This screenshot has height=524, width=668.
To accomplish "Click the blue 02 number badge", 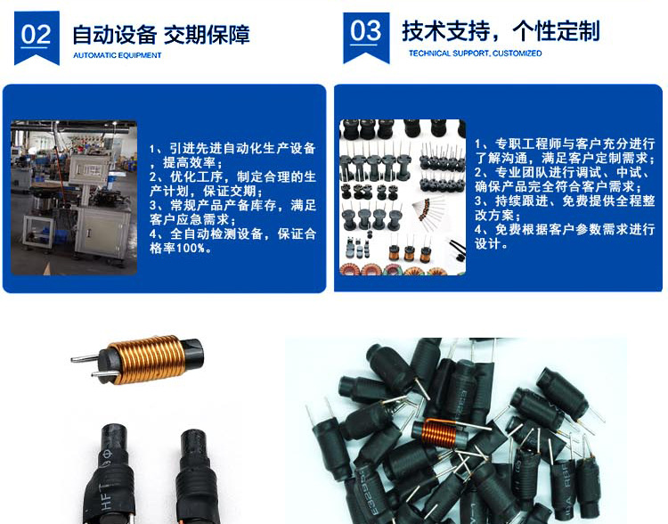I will pyautogui.click(x=37, y=36).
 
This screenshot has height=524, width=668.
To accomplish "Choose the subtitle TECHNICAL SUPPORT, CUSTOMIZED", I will pyautogui.click(x=475, y=53).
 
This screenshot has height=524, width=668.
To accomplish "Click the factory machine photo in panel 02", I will pyautogui.click(x=74, y=197).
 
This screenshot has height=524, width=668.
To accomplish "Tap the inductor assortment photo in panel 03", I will pyautogui.click(x=403, y=196).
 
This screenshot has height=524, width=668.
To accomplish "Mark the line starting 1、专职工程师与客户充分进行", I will pyautogui.click(x=565, y=143).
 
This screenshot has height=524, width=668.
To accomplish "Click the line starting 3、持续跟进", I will pyautogui.click(x=565, y=201).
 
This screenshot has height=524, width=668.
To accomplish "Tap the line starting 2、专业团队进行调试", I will pyautogui.click(x=565, y=172).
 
